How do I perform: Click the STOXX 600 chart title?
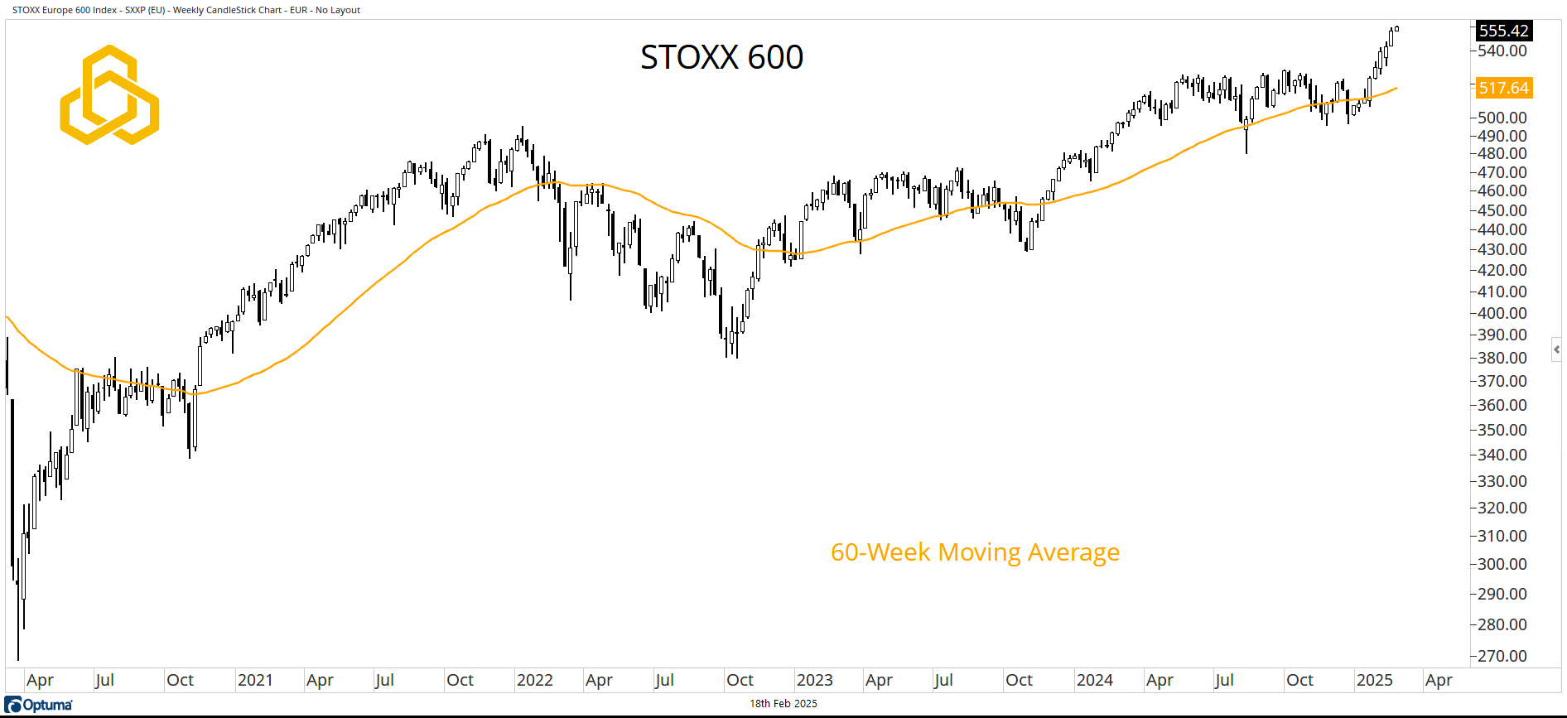(721, 57)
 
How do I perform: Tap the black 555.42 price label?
(1503, 31)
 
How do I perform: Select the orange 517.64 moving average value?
(1503, 88)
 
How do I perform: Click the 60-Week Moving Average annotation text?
(975, 552)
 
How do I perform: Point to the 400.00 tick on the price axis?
(1502, 313)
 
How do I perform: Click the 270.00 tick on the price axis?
(1502, 656)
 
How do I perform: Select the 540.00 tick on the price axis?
(1502, 51)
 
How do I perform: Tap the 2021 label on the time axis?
(255, 680)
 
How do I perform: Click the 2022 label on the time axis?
(534, 680)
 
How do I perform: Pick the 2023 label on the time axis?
(814, 680)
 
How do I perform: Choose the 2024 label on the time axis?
(1094, 680)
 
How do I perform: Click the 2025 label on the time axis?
(1374, 680)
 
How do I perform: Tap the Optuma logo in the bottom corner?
(39, 705)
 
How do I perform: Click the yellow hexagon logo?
(109, 95)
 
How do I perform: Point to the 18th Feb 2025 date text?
(783, 704)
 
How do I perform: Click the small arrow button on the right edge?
(1557, 349)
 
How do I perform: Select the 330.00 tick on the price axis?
(1502, 481)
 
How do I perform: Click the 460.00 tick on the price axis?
(1502, 190)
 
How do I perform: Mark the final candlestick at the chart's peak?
(1396, 28)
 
